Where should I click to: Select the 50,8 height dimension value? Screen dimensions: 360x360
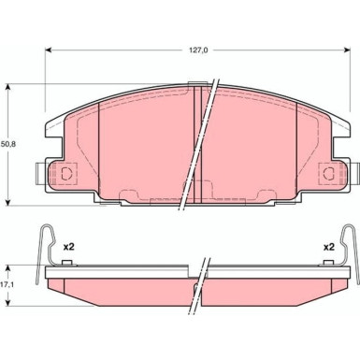8,144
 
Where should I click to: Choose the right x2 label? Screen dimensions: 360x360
328,222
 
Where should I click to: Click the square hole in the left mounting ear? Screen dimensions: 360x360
66,173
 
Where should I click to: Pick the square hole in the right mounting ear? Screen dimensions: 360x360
326,173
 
